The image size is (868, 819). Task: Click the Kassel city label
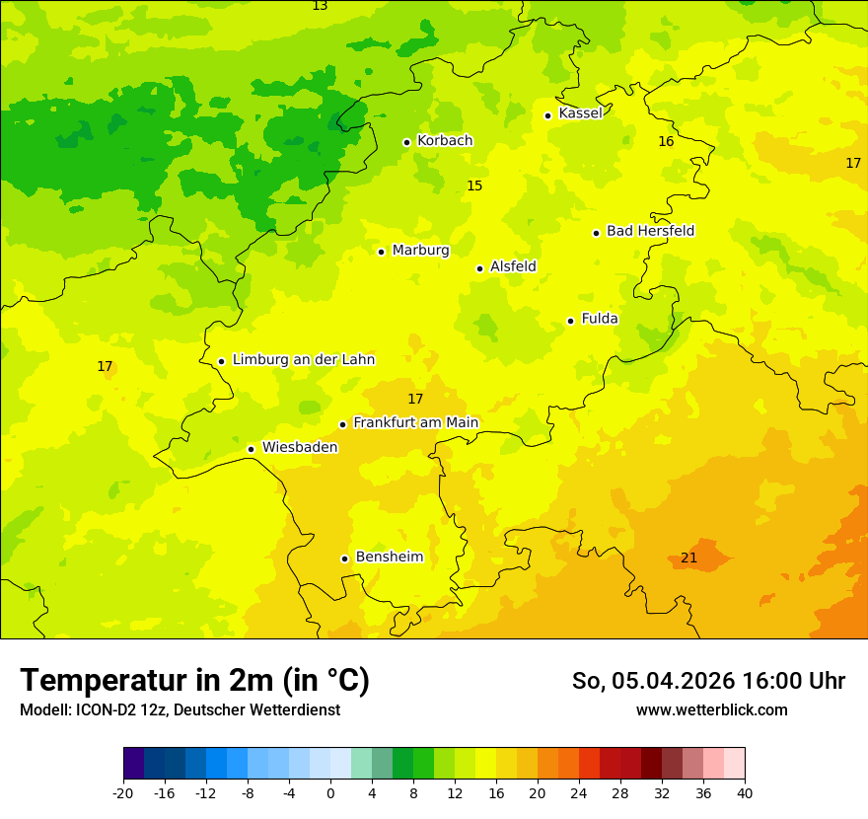point(580,113)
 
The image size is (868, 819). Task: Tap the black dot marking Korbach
point(406,142)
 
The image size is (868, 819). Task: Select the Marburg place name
point(420,251)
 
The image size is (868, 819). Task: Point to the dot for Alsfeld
point(479,268)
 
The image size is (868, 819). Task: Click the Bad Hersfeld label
point(650,231)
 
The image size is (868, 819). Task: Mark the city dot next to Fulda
point(570,321)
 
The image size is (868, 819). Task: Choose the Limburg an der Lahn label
point(303,360)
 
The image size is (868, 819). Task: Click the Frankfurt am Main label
point(415,423)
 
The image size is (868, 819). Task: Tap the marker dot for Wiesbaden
point(252,449)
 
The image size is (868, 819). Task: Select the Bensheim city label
point(389,558)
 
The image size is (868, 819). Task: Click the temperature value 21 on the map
point(688,558)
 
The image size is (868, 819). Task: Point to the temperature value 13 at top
point(320,6)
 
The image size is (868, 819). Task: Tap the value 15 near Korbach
point(474,186)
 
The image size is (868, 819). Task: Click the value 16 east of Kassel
point(666,142)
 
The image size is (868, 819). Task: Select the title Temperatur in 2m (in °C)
point(194,681)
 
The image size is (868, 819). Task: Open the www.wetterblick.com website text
point(711,710)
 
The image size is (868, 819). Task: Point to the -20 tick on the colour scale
point(123,793)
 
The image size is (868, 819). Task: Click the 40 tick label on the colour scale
point(745,793)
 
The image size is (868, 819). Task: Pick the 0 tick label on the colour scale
point(330,793)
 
